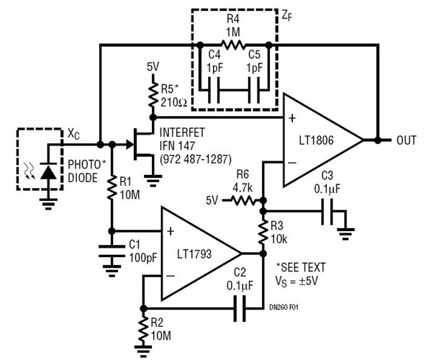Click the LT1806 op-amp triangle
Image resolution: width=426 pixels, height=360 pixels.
[x=320, y=138]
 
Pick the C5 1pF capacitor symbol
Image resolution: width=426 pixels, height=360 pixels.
[x=253, y=91]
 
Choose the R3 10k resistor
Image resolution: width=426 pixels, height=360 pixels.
[x=264, y=232]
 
